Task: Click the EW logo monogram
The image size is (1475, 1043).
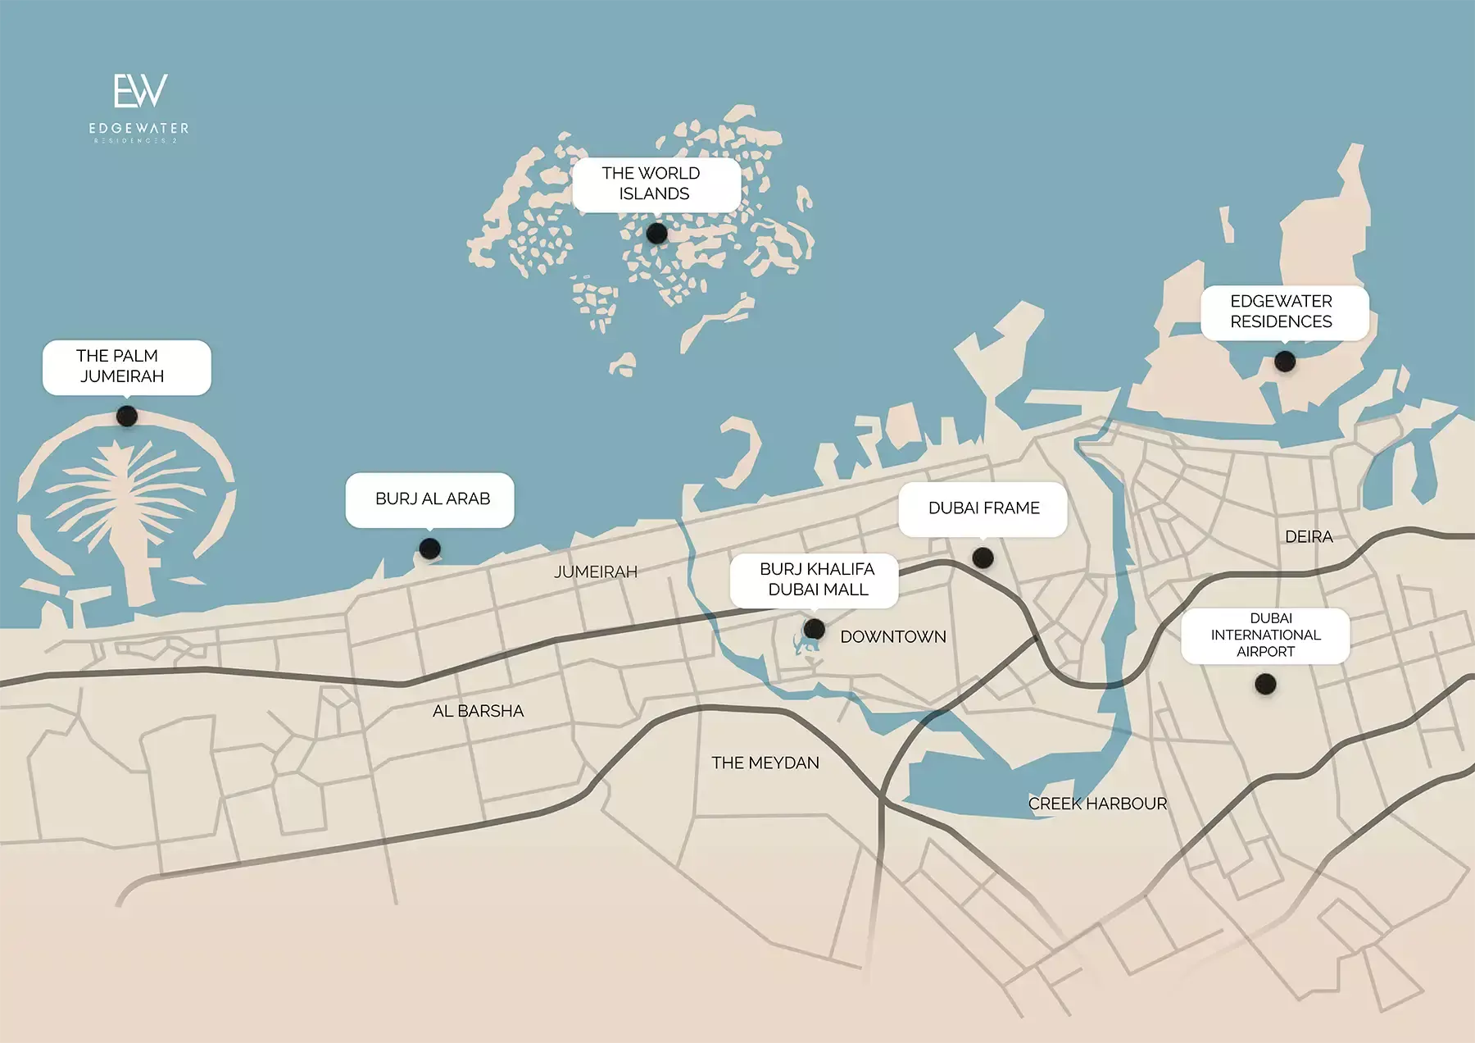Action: point(140,91)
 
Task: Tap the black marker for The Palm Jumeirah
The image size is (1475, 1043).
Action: point(127,417)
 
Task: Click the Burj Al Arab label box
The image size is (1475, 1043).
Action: point(430,499)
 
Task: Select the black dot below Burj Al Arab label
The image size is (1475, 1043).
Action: point(429,549)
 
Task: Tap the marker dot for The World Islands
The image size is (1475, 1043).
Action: point(656,234)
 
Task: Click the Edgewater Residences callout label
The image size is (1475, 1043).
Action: point(1283,312)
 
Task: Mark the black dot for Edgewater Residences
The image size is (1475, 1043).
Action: point(1285,361)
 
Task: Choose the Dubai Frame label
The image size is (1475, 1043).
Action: point(983,508)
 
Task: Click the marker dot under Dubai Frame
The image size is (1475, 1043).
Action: point(983,558)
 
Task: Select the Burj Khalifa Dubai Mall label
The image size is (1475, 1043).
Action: point(815,579)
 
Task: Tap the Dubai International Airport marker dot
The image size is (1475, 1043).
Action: point(1265,684)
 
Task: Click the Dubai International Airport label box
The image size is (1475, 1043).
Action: point(1265,635)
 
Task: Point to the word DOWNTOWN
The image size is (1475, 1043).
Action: point(893,637)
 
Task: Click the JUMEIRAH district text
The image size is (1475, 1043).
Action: point(596,572)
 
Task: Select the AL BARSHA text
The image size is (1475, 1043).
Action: point(478,711)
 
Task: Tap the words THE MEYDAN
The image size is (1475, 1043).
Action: point(765,763)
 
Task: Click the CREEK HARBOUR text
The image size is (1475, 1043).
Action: point(1097,804)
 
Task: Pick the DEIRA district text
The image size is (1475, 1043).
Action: point(1309,537)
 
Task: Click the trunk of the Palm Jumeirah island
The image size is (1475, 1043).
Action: point(135,558)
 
